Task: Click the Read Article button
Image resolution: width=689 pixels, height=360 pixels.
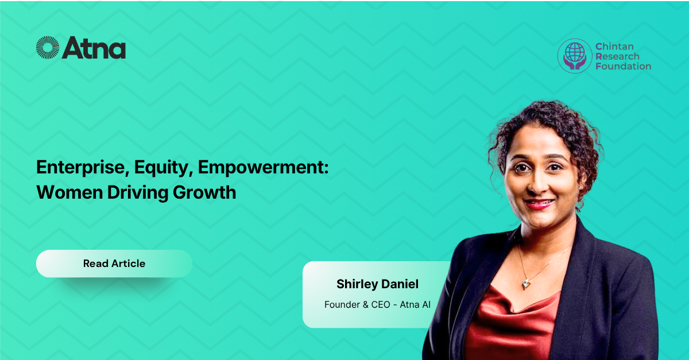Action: pyautogui.click(x=114, y=264)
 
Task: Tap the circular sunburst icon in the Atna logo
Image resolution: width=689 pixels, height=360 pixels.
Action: pyautogui.click(x=48, y=48)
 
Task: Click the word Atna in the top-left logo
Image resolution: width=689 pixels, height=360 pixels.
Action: pyautogui.click(x=94, y=48)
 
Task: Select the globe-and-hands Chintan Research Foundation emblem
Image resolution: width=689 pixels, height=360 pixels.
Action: pyautogui.click(x=575, y=56)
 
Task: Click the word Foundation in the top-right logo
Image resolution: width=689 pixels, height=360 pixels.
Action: pyautogui.click(x=623, y=66)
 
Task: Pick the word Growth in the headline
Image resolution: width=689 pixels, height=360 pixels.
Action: pyautogui.click(x=204, y=192)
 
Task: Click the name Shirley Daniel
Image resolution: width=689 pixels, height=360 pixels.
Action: pyautogui.click(x=377, y=284)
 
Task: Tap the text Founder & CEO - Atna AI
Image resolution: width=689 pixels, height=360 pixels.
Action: pyautogui.click(x=377, y=304)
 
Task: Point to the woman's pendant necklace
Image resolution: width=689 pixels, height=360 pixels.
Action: pyautogui.click(x=526, y=284)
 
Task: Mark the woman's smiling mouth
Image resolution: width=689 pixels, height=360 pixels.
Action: pyautogui.click(x=539, y=203)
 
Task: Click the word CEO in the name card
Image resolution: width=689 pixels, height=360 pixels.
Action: pyautogui.click(x=382, y=304)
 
